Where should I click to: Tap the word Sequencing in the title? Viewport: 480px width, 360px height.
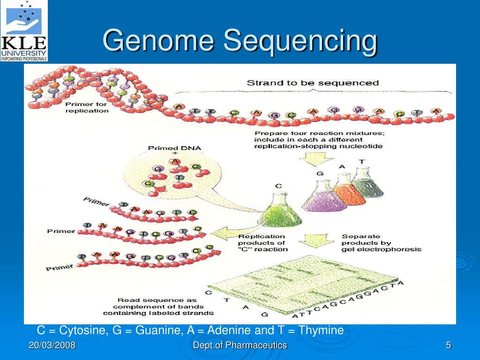[x=300, y=41]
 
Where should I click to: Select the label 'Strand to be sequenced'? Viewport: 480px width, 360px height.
[x=313, y=83]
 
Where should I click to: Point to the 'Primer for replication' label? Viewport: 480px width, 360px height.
[x=87, y=107]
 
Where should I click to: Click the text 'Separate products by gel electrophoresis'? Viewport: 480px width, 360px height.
[x=381, y=243]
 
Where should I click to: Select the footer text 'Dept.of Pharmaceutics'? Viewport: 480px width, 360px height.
[x=240, y=345]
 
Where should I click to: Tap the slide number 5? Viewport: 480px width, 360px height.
[x=448, y=345]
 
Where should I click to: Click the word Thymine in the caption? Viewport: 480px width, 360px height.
[x=321, y=330]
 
